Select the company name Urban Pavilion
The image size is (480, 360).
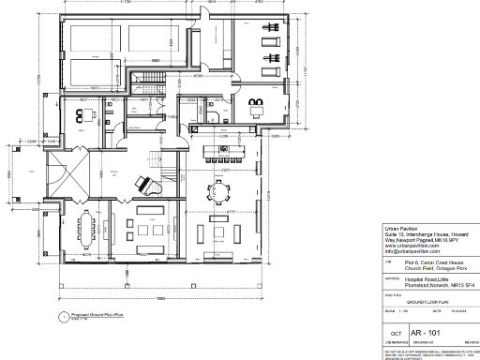click(x=404, y=228)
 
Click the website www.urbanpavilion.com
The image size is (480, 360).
click(x=413, y=247)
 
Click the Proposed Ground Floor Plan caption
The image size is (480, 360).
click(x=95, y=316)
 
